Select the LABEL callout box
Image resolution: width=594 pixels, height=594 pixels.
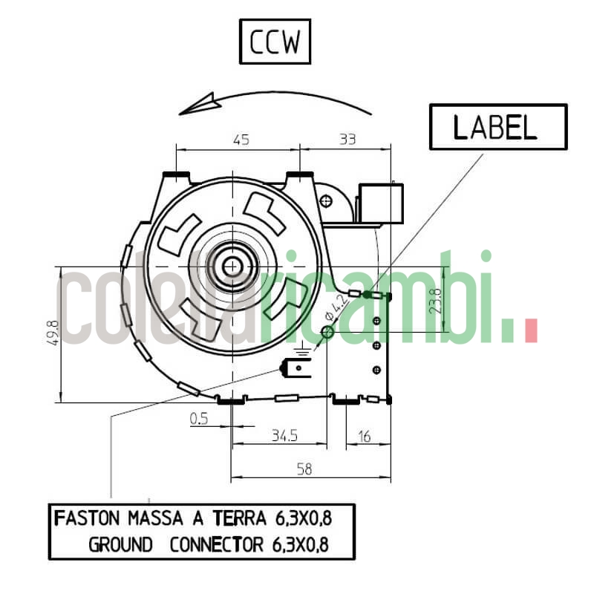click(497, 127)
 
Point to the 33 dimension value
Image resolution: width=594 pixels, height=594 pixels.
click(347, 139)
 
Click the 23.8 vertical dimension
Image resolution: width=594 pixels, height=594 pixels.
click(437, 301)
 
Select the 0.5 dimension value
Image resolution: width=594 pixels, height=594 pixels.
click(199, 420)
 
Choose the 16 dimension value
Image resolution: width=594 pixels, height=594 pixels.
click(364, 436)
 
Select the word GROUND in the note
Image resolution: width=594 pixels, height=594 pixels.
click(120, 545)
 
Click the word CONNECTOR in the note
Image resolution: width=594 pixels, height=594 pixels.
click(216, 545)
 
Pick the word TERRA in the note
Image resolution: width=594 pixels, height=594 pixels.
click(241, 518)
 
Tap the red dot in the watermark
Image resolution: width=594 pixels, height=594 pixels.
click(530, 331)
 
